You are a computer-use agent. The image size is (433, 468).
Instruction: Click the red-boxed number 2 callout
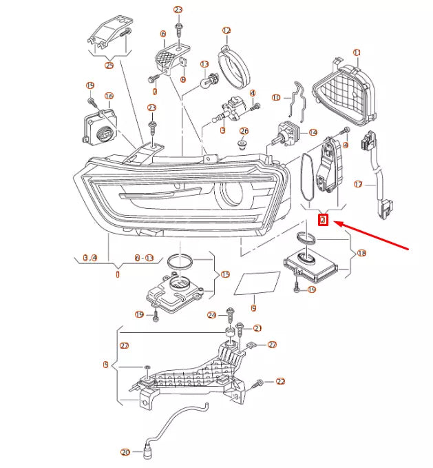click(x=322, y=221)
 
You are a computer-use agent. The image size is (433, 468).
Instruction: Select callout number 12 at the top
click(x=226, y=31)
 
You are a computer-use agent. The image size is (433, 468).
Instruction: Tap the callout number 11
click(x=357, y=52)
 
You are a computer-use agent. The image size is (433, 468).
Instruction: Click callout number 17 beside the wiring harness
click(x=357, y=184)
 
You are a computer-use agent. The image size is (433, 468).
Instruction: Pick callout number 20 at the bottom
click(x=125, y=453)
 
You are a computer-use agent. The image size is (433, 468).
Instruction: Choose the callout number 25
click(x=109, y=65)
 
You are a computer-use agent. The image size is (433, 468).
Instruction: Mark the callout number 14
click(x=313, y=132)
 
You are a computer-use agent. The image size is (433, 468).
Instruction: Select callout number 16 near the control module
click(x=108, y=96)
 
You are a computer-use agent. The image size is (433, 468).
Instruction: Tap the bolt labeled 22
click(x=260, y=382)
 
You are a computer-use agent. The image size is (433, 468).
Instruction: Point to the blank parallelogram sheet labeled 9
click(x=257, y=283)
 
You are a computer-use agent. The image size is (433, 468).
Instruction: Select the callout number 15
click(x=224, y=274)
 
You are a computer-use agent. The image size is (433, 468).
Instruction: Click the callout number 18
click(x=362, y=254)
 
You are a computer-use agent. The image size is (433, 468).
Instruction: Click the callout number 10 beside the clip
click(x=277, y=97)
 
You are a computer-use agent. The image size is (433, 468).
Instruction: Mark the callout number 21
click(x=257, y=327)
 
